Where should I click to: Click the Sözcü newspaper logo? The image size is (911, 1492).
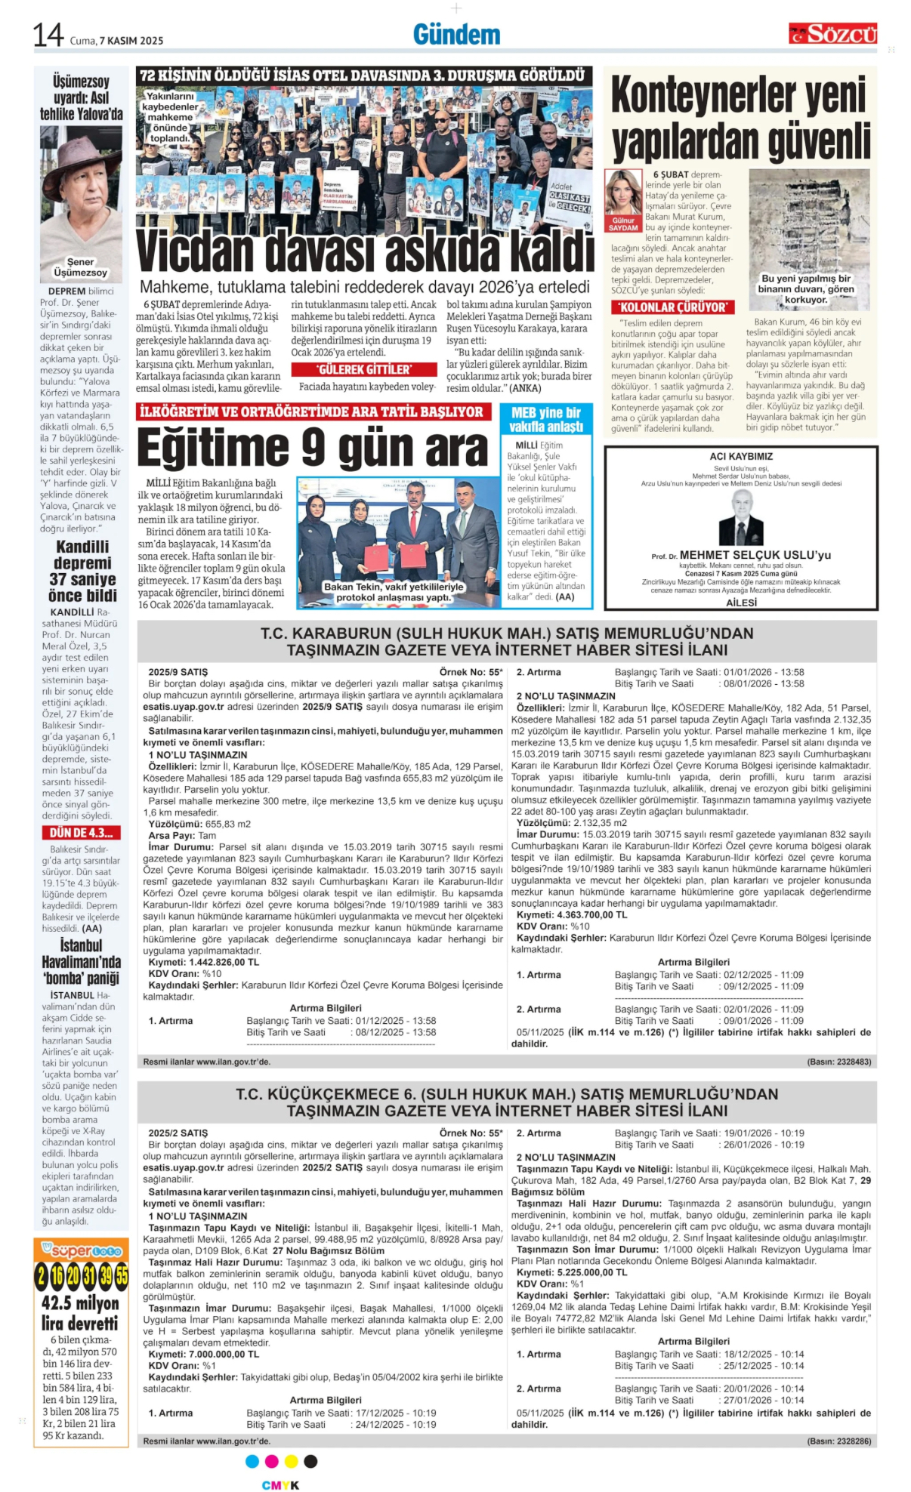(x=832, y=34)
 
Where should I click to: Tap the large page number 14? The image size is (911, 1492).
(x=48, y=35)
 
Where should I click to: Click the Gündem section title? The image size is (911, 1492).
(x=456, y=35)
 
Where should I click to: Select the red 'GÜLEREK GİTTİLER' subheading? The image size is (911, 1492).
(x=364, y=369)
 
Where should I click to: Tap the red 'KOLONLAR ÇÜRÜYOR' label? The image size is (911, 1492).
(x=672, y=307)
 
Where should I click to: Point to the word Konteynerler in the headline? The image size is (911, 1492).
(x=738, y=96)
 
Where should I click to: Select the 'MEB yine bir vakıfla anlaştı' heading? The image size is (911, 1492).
(x=545, y=420)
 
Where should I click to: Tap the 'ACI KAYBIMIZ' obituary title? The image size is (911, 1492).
(x=741, y=457)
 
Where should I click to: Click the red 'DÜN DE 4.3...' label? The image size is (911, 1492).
(x=81, y=833)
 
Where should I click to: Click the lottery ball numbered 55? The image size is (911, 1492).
(x=121, y=1276)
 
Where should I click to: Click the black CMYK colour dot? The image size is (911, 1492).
(x=310, y=1462)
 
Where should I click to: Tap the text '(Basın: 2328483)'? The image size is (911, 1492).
(x=838, y=1062)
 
